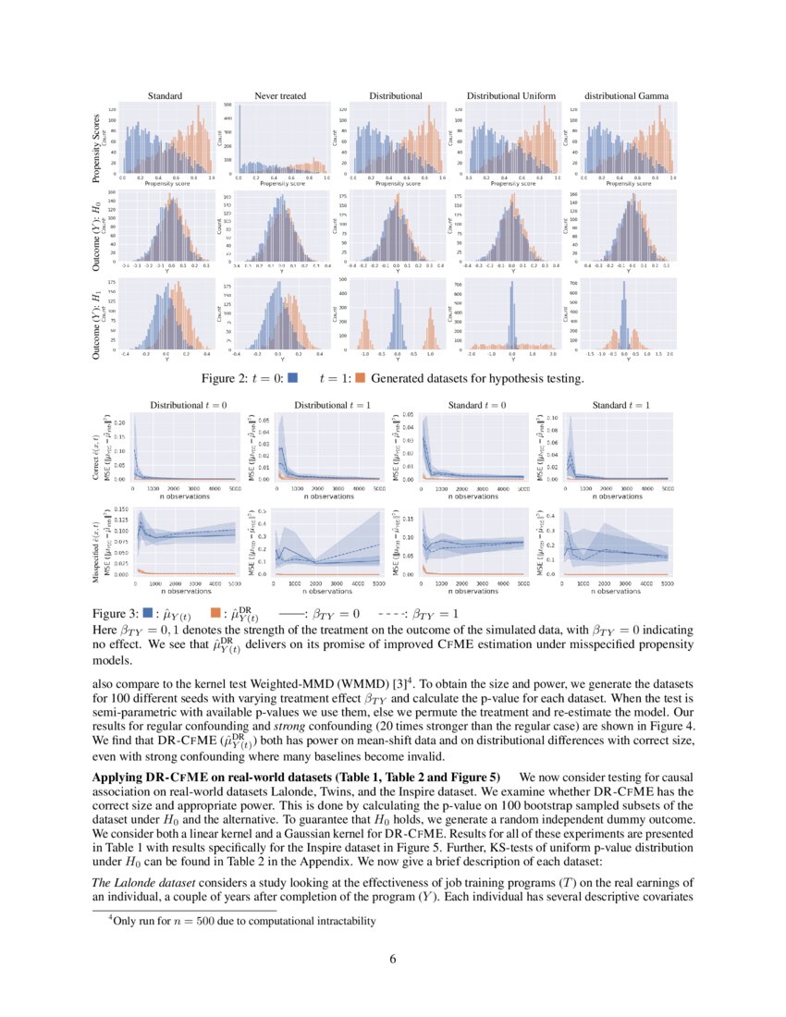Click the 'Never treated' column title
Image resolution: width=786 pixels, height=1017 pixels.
click(x=280, y=95)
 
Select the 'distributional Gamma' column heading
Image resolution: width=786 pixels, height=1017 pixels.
click(x=626, y=95)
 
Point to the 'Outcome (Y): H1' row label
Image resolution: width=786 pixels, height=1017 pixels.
click(x=98, y=320)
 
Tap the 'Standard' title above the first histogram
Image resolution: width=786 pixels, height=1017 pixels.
click(x=165, y=95)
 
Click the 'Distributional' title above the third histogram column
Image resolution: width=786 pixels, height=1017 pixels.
click(x=396, y=95)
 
